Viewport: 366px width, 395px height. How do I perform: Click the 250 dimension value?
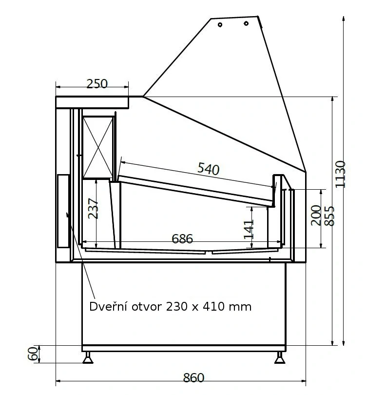97,84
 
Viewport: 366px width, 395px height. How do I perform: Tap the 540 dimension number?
209,169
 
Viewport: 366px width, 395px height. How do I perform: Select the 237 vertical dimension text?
93,209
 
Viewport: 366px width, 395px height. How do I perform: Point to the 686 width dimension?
182,238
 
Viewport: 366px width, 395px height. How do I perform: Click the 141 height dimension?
249,229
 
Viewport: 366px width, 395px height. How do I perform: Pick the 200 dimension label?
316,216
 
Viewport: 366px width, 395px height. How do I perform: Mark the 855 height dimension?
329,216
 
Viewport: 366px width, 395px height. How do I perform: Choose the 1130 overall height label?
340,174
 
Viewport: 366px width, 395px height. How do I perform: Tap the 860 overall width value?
193,377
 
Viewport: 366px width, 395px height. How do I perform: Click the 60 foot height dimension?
33,354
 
